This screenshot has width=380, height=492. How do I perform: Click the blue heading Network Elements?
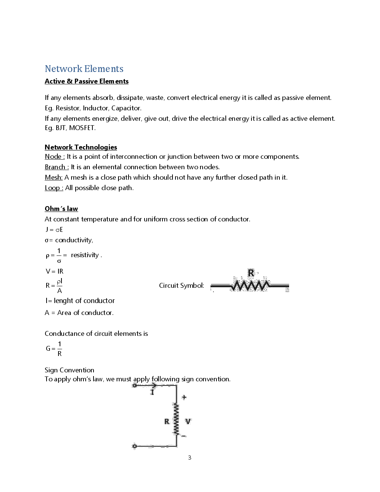[x=84, y=69]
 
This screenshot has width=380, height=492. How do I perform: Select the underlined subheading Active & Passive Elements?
[x=86, y=81]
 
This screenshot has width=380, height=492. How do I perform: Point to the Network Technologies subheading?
[x=81, y=147]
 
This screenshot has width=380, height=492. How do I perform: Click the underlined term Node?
[x=54, y=157]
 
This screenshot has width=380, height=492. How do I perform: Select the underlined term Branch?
[x=56, y=167]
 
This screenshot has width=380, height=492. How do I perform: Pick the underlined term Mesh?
[x=53, y=177]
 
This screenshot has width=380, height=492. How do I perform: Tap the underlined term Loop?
[x=54, y=188]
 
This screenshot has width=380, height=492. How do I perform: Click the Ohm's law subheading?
[x=61, y=209]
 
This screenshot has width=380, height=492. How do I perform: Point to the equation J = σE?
[x=54, y=230]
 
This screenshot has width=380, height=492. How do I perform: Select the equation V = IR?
[x=54, y=271]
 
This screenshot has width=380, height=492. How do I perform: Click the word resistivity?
[x=85, y=255]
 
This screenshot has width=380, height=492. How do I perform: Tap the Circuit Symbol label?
[x=181, y=286]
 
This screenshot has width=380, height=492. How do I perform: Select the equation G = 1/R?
[x=54, y=348]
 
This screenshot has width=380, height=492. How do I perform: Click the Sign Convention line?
[x=69, y=370]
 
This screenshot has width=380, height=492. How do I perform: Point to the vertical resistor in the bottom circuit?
[x=176, y=419]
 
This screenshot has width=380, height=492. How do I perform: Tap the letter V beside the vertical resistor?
[x=188, y=421]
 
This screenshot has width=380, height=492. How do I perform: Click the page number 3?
[x=190, y=458]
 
